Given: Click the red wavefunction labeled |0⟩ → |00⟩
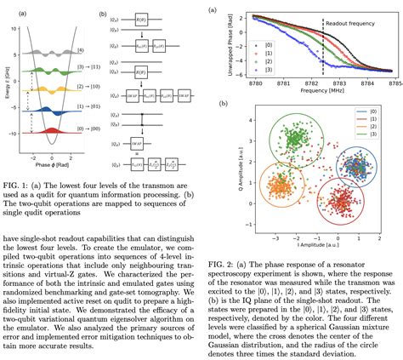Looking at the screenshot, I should [52, 135].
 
